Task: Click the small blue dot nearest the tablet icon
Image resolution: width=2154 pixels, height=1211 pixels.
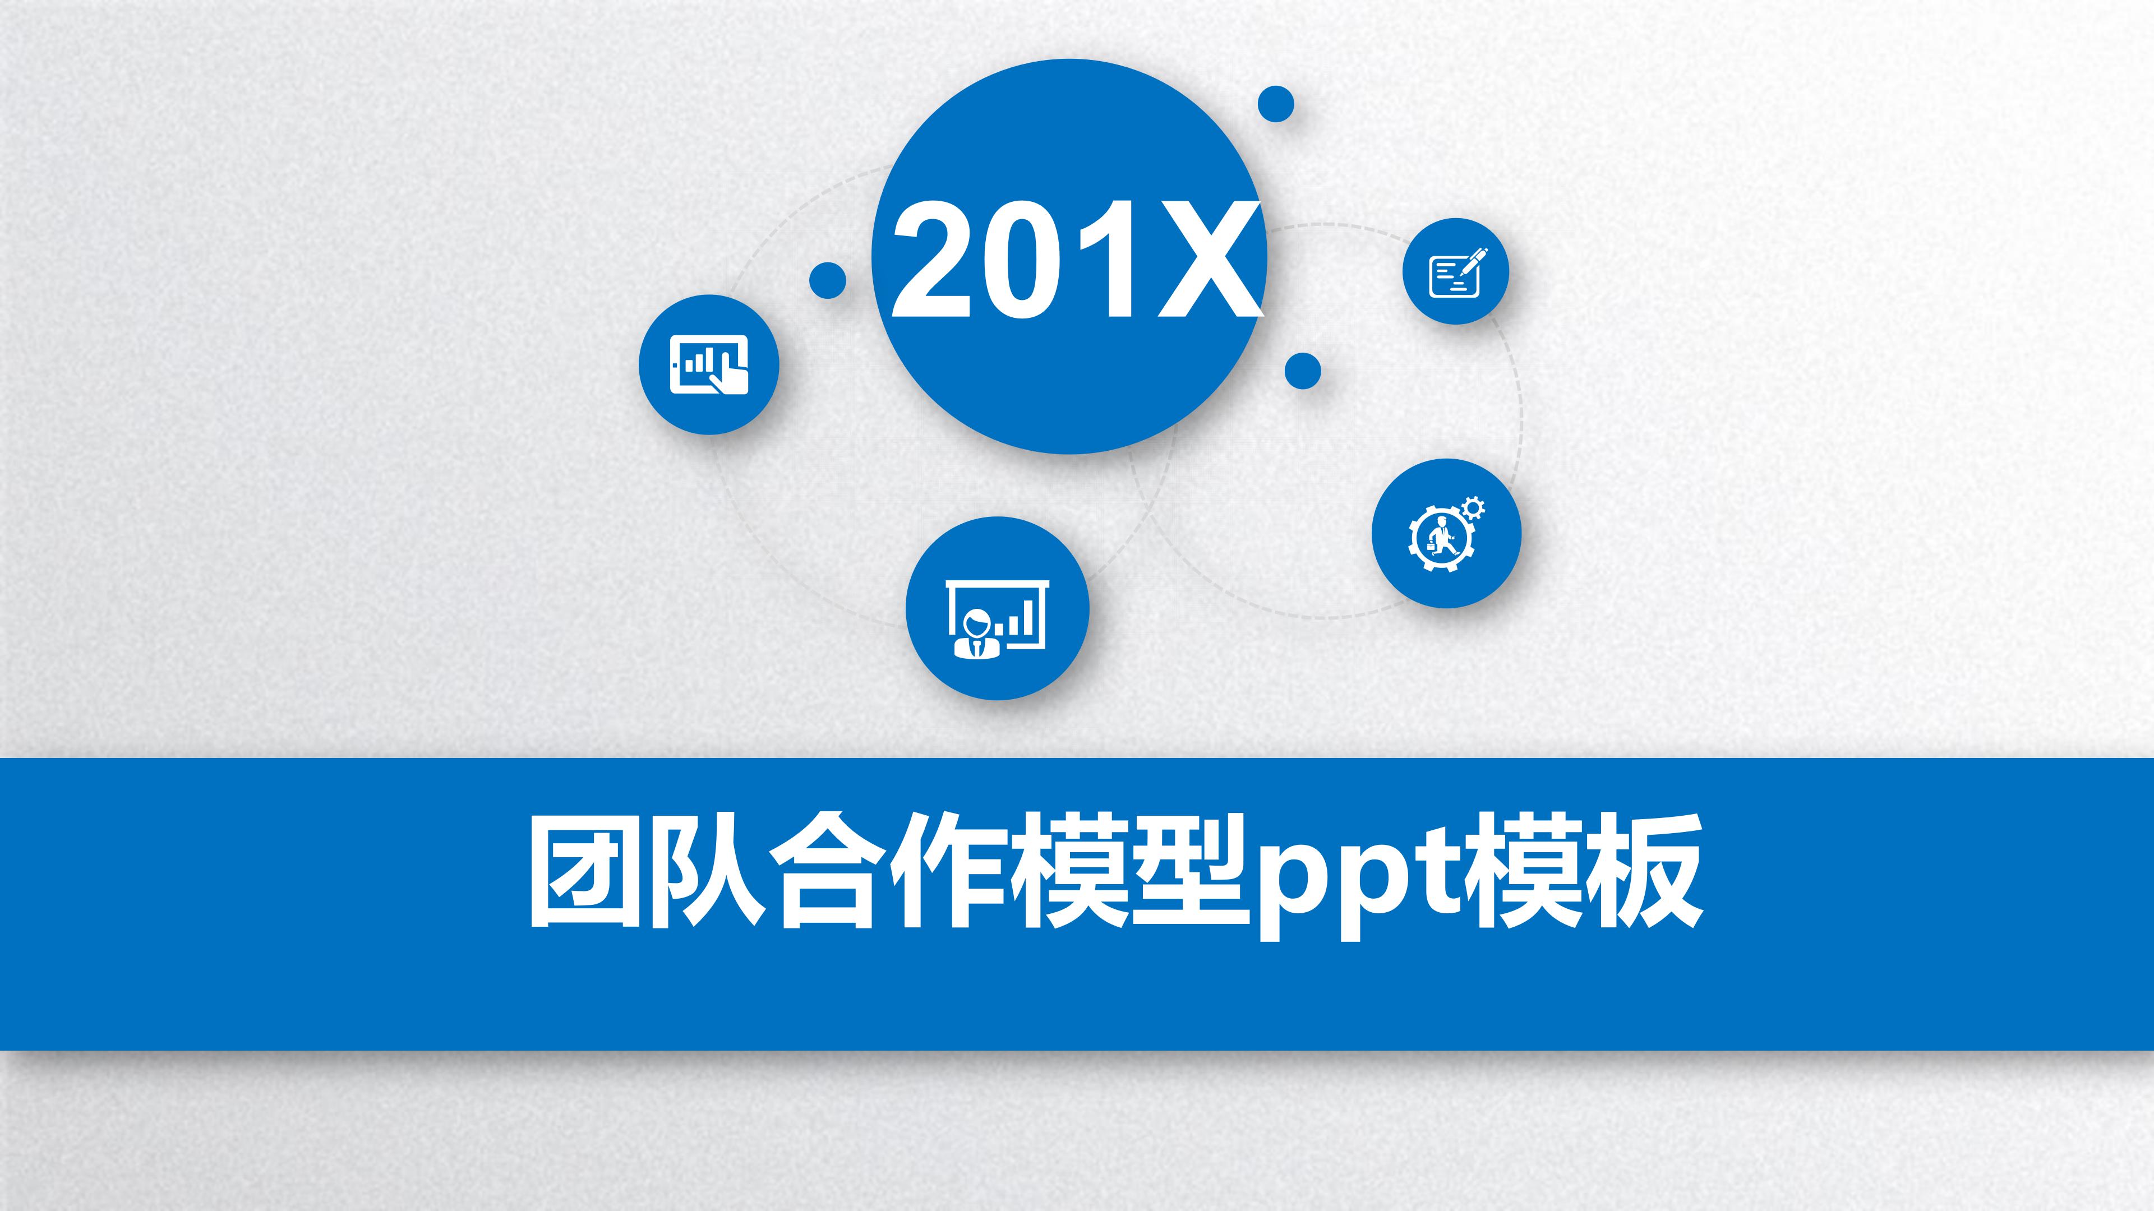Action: click(x=828, y=280)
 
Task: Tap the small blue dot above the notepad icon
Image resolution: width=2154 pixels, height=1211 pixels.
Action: click(x=1276, y=104)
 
